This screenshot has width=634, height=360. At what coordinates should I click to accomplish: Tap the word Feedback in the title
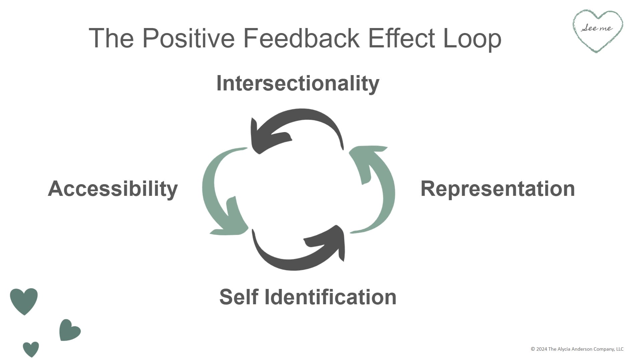301,38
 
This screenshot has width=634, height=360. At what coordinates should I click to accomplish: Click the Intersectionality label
298,83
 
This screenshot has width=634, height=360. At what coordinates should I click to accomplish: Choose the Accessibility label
113,189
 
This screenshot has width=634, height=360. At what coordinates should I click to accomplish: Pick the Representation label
497,189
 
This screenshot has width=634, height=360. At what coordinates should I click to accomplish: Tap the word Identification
330,297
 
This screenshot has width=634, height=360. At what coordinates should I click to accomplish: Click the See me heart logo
598,30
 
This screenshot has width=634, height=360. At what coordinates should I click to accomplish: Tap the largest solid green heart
24,300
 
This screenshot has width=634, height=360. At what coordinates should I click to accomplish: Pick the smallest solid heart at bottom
31,349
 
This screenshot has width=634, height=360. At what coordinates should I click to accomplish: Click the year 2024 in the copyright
542,349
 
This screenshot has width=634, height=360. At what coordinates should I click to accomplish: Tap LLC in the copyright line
620,349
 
